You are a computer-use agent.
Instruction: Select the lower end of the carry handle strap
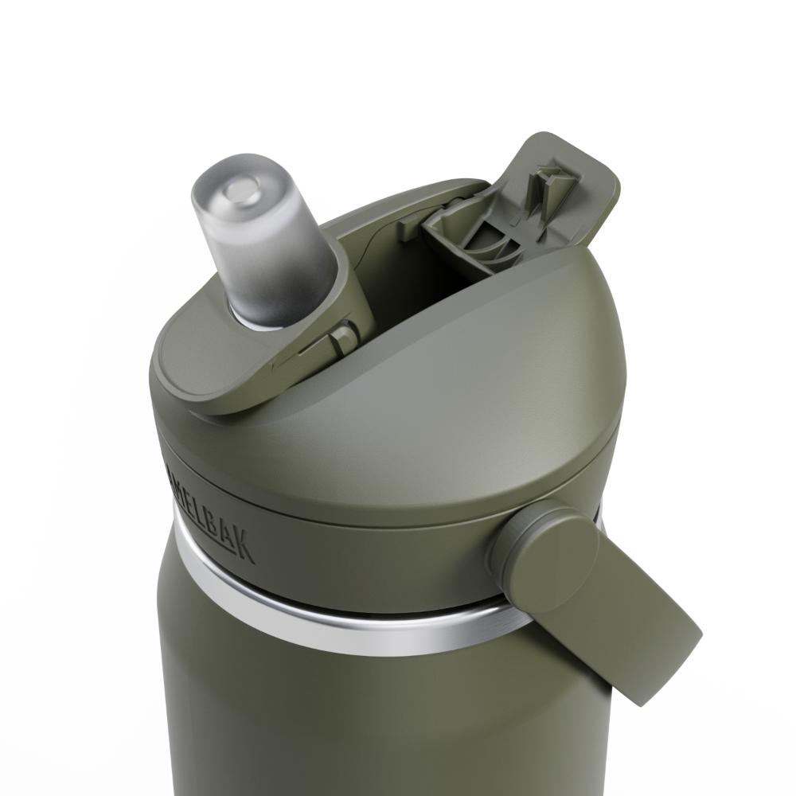[x=653, y=661]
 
